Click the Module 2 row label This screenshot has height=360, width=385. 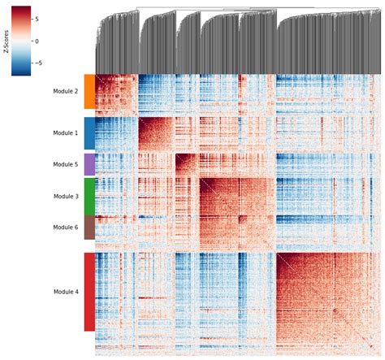(65, 92)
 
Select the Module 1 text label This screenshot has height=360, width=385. (65, 132)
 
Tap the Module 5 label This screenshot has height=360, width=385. (65, 164)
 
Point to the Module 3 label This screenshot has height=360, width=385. (65, 196)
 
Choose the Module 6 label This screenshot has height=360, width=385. (65, 228)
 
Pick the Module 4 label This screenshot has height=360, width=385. (65, 291)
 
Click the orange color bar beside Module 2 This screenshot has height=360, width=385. (89, 92)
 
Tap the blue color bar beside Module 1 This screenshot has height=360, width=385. (89, 132)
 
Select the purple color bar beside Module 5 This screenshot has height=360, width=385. (89, 164)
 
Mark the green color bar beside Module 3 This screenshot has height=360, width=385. (89, 196)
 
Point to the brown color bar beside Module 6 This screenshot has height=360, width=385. (89, 228)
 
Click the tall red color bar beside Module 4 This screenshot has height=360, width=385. (89, 291)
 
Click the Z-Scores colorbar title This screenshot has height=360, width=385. (6, 39)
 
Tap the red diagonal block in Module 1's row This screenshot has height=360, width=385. (158, 135)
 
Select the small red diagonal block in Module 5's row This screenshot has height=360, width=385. (188, 164)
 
